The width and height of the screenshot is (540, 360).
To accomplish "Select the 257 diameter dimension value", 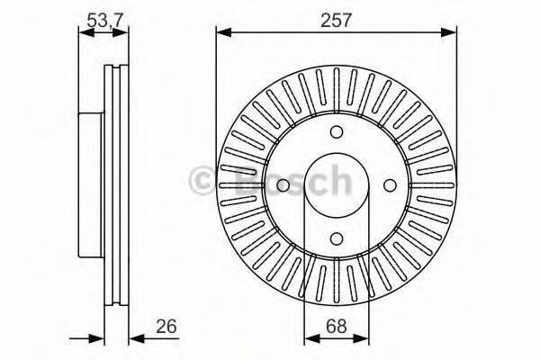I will point(335,18).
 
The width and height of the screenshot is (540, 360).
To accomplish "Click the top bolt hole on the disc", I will point(336,130).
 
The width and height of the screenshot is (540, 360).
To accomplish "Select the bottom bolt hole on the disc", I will point(336,238).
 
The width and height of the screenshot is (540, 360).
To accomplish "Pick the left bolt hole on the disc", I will point(282,184).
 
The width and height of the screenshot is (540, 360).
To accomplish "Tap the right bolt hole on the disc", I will point(390,184).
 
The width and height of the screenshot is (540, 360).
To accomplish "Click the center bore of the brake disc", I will point(336,184).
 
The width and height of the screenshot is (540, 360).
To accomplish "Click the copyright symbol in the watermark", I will point(203,180).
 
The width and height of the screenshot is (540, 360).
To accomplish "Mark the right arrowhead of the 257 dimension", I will point(449,33).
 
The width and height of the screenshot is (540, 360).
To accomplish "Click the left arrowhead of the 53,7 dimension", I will point(84,33).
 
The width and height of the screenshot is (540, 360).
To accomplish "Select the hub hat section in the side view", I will point(91,184).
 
